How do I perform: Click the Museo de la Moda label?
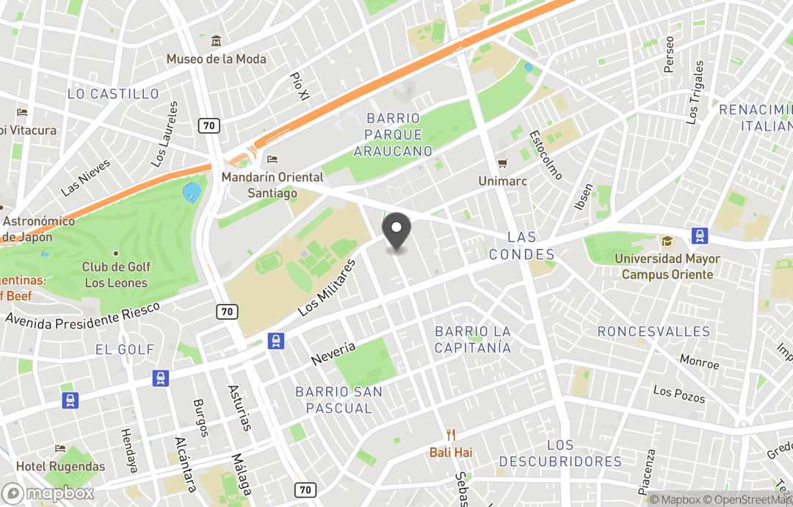click(x=216, y=59)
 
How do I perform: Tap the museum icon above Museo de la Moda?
click(x=216, y=41)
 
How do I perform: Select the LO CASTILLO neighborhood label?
click(x=113, y=94)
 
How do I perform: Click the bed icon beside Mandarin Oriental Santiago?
click(x=272, y=159)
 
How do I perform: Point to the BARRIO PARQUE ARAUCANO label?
click(x=393, y=134)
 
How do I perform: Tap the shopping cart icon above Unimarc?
click(x=503, y=163)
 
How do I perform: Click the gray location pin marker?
click(x=396, y=231)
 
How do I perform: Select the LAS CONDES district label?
click(x=522, y=246)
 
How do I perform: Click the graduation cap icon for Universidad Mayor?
click(x=667, y=241)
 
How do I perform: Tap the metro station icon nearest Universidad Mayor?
click(x=700, y=236)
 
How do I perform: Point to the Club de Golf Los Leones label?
click(x=115, y=275)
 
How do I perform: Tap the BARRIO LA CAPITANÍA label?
click(x=472, y=339)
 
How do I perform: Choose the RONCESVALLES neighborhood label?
click(x=653, y=331)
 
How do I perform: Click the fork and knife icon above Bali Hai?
click(x=451, y=435)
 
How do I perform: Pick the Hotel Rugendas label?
click(x=60, y=467)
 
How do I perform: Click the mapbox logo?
click(x=48, y=493)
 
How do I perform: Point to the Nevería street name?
click(x=333, y=354)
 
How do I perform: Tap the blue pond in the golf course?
click(x=192, y=193)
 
